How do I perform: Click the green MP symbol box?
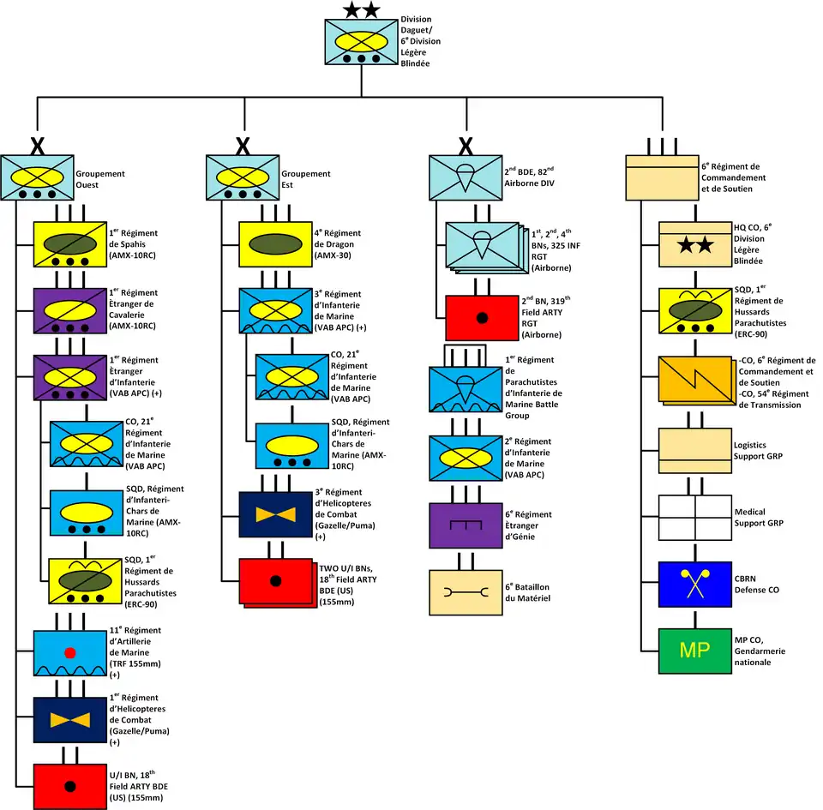[x=694, y=651]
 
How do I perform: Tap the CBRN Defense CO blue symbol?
[x=694, y=584]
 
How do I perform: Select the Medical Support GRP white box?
[x=694, y=517]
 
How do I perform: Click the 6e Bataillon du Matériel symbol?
[x=464, y=591]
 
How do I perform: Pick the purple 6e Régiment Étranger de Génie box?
[x=464, y=525]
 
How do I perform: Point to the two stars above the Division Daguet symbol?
[x=360, y=10]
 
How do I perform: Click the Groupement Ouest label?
[x=99, y=178]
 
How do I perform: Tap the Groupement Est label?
[x=306, y=178]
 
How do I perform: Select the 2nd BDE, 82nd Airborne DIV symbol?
[x=464, y=177]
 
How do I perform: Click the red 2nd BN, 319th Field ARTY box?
[x=481, y=318]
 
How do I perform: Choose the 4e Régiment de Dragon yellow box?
[x=274, y=243]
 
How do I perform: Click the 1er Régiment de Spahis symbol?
[x=69, y=243]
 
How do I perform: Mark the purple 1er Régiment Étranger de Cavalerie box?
[x=69, y=309]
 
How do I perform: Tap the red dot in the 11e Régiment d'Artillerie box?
[x=69, y=653]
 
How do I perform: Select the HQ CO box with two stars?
[x=694, y=245]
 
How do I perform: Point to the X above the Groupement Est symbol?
[x=243, y=146]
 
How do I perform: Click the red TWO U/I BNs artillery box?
[x=274, y=580]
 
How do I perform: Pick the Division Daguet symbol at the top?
[x=360, y=42]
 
